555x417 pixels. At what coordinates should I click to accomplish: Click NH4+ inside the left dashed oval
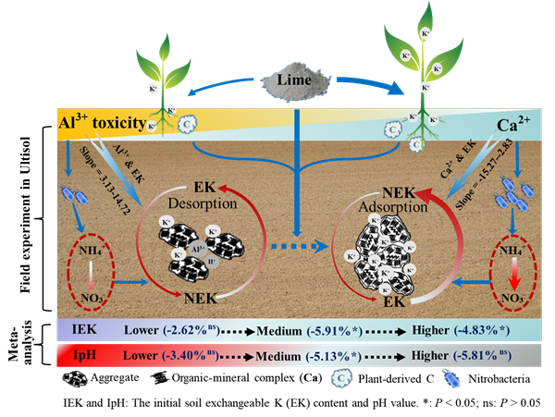tap(90, 248)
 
